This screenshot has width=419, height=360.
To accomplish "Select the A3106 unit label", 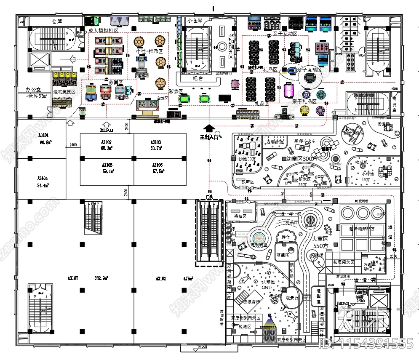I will (158, 165).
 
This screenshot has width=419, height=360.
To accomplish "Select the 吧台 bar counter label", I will (197, 78).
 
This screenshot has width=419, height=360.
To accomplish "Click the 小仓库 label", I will (195, 20).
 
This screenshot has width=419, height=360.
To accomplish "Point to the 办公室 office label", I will (33, 90).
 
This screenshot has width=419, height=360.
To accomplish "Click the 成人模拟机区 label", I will (103, 31).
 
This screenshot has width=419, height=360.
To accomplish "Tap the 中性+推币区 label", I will (150, 51).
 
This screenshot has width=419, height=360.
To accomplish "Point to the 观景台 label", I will (292, 297).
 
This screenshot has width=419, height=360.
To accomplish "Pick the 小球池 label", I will (367, 173).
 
